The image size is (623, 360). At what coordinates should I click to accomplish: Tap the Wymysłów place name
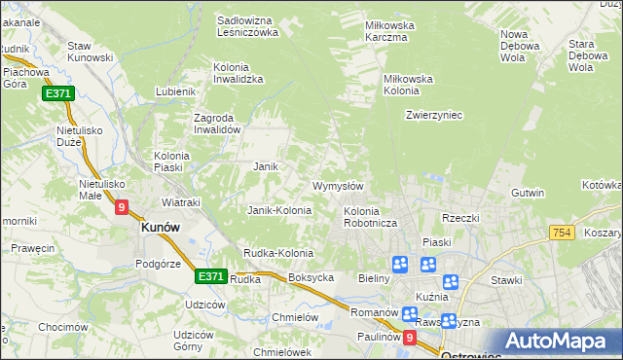338,186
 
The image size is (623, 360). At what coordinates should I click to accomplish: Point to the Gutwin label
527,193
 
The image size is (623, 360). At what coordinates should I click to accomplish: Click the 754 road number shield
561,232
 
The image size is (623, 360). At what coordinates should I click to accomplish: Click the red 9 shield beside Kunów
121,206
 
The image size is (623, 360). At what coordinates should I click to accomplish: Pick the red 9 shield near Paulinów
409,338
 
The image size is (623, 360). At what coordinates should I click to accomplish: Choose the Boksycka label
311,277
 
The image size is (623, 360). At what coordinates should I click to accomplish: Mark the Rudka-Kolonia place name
278,253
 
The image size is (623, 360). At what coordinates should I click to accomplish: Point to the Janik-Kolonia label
279,210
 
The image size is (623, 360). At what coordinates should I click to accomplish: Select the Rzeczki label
460,218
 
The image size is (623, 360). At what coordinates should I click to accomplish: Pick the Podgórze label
159,263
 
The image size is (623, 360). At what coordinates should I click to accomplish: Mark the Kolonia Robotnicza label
368,217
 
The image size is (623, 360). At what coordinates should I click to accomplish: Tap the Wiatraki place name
180,202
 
